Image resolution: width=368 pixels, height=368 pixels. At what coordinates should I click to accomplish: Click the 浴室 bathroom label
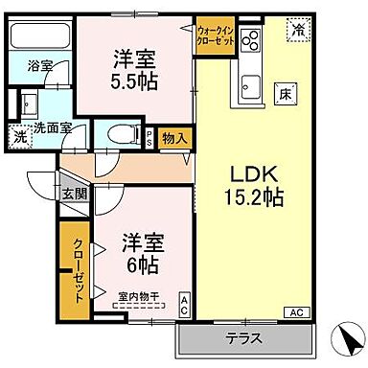click(x=39, y=66)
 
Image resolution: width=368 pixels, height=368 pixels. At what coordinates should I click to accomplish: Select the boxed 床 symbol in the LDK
click(x=285, y=94)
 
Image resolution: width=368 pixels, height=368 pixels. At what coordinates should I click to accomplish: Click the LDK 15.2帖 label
click(x=254, y=186)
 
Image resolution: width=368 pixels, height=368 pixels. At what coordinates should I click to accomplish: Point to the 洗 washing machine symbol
click(x=20, y=137)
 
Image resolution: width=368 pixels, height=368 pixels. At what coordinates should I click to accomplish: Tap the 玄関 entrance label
click(x=74, y=193)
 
